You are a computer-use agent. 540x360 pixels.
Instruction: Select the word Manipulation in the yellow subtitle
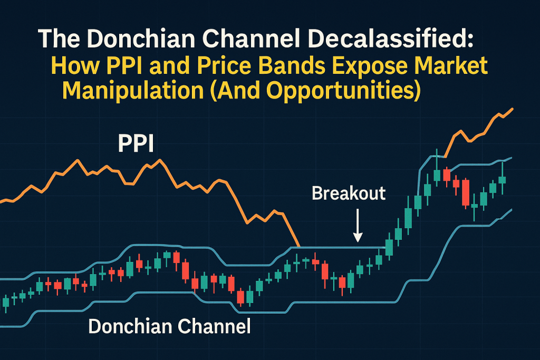[x=133, y=91]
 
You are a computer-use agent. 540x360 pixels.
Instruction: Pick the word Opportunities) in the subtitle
[x=343, y=91]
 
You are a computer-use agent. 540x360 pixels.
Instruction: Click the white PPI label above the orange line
[x=136, y=143]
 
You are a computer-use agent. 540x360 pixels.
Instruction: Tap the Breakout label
[x=349, y=193]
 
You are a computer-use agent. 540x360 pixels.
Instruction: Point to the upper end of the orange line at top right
[x=513, y=109]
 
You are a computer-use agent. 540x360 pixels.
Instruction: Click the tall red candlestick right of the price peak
[x=466, y=193]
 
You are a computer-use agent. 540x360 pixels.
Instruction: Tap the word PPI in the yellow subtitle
[x=122, y=65]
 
